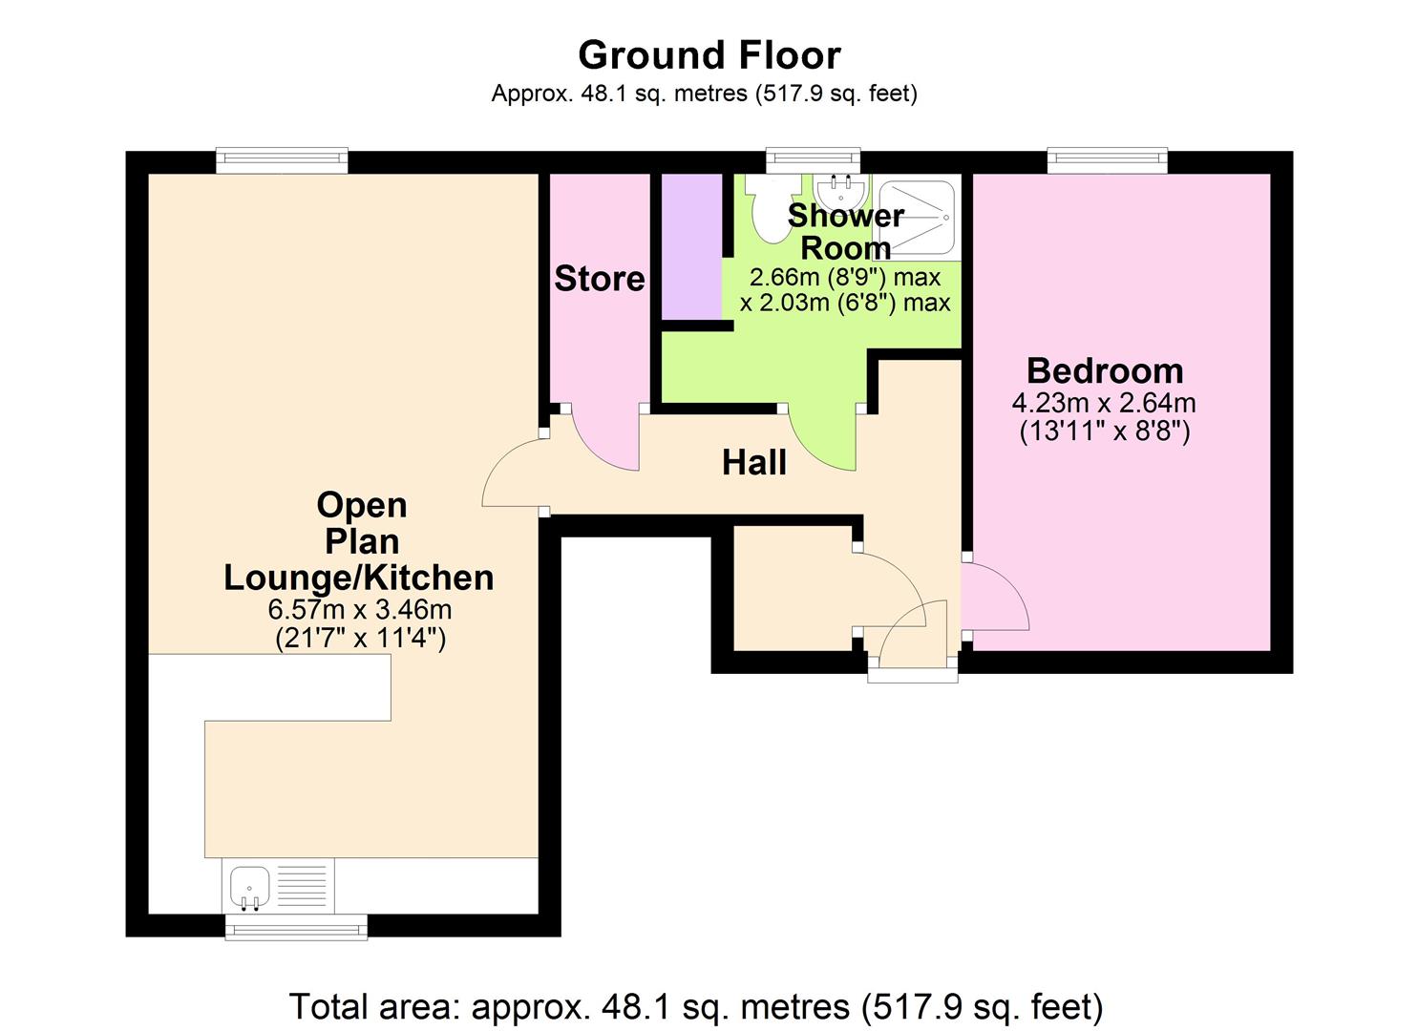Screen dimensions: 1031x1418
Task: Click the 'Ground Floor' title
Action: tap(709, 55)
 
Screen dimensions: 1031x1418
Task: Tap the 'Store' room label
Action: tap(599, 279)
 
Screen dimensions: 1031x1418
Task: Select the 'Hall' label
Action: tap(753, 463)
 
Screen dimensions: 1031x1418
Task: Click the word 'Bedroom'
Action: tap(1104, 370)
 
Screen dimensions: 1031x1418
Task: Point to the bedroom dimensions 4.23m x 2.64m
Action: tap(1104, 403)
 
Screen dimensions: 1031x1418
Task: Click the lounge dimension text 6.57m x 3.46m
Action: tap(360, 609)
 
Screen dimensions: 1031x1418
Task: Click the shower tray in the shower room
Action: tap(916, 218)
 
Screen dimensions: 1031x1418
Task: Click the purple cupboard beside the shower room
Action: tap(692, 246)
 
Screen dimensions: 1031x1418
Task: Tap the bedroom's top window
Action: tap(1107, 160)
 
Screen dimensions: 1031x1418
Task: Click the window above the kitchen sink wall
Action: tap(295, 927)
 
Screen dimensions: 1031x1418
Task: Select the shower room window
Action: tap(813, 160)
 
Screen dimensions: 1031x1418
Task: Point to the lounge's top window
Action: tap(282, 160)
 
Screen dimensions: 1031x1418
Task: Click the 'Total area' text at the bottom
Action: tap(696, 1006)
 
